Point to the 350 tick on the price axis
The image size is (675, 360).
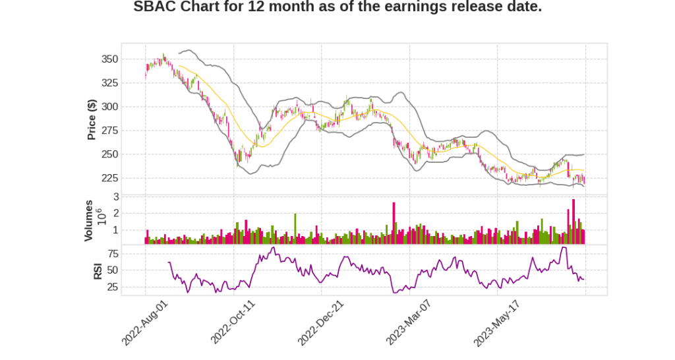(109, 59)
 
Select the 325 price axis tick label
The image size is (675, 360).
(109, 83)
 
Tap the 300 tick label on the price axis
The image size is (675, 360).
(109, 107)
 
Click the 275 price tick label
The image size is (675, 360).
(109, 131)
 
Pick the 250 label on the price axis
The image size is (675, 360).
(109, 154)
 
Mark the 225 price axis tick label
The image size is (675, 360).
(109, 178)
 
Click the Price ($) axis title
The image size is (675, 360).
(92, 119)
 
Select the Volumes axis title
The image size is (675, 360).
(89, 220)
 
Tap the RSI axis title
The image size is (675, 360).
(98, 270)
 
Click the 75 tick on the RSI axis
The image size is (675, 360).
(112, 253)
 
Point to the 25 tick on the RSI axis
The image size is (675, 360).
(112, 287)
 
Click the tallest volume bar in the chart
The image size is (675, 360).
(573, 222)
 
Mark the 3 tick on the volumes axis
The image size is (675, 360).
(115, 196)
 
